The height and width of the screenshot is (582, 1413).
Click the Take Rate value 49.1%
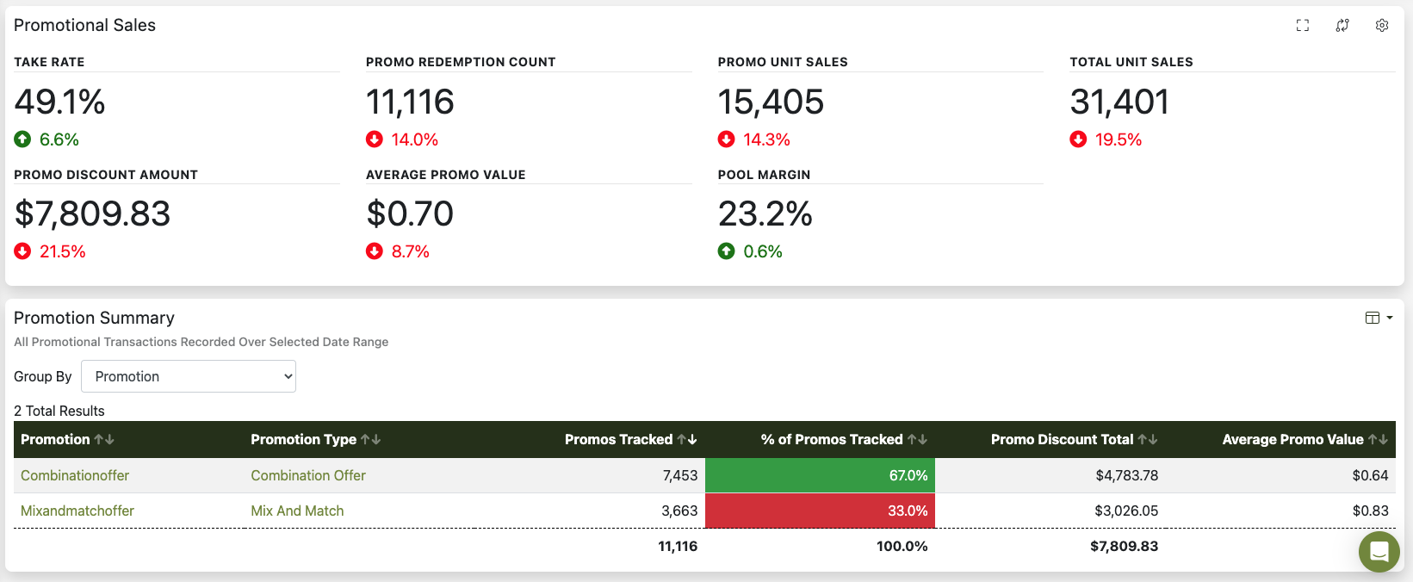[59, 102]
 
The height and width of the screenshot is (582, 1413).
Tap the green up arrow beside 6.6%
[22, 139]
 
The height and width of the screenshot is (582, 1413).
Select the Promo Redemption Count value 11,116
[410, 102]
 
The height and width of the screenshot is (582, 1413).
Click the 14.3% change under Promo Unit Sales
[766, 139]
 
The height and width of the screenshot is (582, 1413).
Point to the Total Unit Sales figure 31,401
[1119, 102]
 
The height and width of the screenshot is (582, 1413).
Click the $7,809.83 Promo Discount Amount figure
[92, 214]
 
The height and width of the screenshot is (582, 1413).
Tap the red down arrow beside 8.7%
[375, 251]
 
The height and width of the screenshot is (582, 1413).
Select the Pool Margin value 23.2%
[765, 214]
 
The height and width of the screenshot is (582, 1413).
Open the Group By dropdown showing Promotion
[189, 376]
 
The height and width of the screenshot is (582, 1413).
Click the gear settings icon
[1382, 26]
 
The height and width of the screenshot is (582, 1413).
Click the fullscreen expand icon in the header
[1303, 26]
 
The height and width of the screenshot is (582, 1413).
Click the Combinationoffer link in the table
[75, 475]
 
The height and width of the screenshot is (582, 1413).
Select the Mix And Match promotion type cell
[297, 511]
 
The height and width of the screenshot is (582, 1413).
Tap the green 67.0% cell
[820, 475]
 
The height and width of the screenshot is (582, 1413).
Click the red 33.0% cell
[820, 511]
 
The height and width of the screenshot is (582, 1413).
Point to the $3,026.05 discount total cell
[1126, 511]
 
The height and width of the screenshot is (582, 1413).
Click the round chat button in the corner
[1379, 551]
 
